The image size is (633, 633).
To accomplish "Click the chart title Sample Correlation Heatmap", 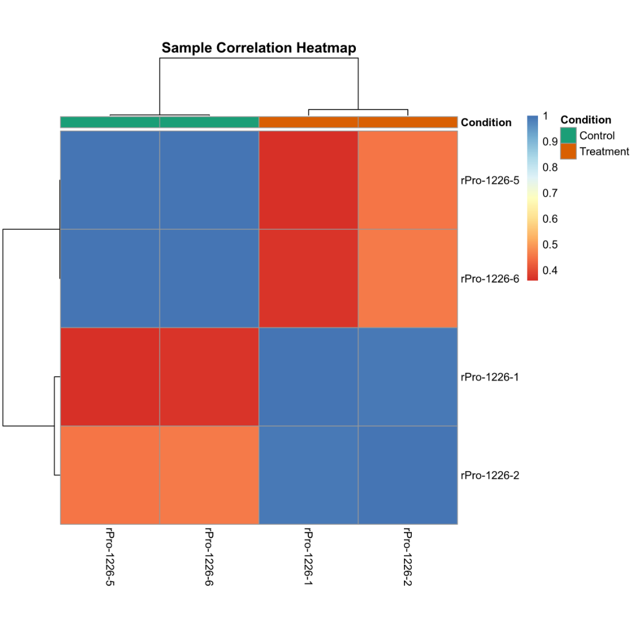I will [259, 48].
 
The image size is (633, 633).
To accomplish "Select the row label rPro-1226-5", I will [490, 180].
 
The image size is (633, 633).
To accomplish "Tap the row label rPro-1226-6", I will [490, 279].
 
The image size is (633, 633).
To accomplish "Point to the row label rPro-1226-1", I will [490, 377].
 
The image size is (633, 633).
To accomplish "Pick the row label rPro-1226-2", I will [490, 475].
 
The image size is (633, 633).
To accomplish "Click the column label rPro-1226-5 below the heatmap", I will [110, 556].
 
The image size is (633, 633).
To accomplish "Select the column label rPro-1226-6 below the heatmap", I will [209, 556].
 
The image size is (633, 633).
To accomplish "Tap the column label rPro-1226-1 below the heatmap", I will [308, 556].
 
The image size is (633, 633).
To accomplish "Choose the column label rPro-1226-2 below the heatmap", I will [407, 556].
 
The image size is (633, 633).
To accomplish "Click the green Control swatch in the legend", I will [568, 135].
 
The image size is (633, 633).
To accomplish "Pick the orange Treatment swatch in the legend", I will [568, 151].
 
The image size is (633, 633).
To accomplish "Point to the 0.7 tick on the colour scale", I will [550, 193].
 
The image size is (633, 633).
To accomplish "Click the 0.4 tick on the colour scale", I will [550, 270].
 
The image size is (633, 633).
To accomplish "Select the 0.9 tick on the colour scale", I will [550, 142].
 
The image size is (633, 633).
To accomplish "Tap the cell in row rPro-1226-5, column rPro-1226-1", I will [308, 180].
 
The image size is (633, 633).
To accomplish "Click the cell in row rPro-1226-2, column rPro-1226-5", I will [110, 475].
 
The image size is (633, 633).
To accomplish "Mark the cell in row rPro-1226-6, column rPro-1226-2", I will [408, 278].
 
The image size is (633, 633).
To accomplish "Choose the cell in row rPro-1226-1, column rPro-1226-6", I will [209, 377].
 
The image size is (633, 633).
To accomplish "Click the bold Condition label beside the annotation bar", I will [486, 122].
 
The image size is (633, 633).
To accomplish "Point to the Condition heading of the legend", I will [586, 120].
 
